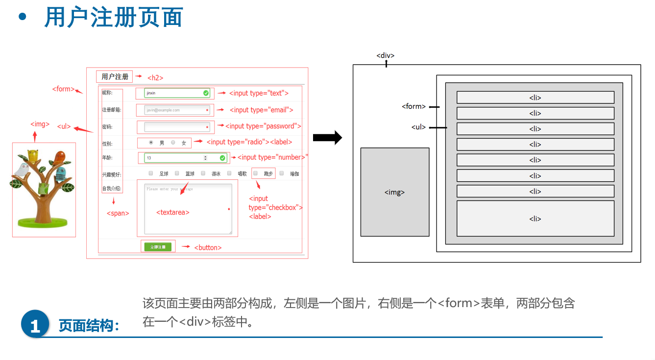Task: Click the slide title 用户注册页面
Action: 113,18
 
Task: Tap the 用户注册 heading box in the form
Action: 115,76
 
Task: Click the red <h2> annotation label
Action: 155,77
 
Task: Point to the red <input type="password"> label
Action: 263,126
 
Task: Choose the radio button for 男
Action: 151,143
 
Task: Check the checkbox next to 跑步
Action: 255,173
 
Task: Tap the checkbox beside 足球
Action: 151,173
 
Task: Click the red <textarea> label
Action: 172,212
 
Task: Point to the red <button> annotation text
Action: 208,247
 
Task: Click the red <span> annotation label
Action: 118,213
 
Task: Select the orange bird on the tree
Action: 59,158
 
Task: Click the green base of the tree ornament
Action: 43,223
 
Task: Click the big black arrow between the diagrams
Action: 327,138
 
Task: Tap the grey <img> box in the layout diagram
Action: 395,192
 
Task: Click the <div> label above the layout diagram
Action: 386,55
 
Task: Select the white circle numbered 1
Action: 35,324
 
